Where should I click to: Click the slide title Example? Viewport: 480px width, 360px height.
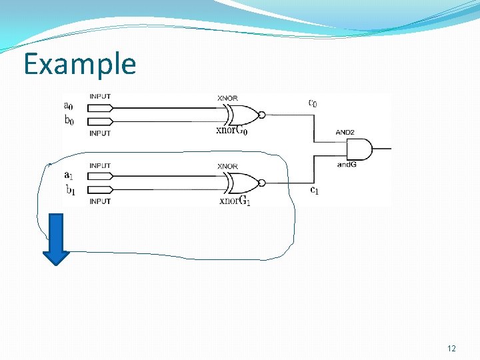click(79, 64)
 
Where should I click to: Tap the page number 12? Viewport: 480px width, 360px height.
click(451, 349)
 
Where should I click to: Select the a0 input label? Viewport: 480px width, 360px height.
click(69, 105)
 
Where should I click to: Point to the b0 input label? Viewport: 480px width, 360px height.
click(69, 120)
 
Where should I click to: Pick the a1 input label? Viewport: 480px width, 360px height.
click(69, 175)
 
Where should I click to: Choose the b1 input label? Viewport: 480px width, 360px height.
click(69, 189)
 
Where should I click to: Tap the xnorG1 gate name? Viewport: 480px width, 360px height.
click(234, 200)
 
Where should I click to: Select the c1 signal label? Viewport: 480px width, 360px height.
click(313, 190)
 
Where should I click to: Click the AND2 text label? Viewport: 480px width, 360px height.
click(345, 133)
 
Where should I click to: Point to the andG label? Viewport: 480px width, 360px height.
click(347, 164)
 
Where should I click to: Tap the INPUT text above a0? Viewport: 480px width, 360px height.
click(100, 96)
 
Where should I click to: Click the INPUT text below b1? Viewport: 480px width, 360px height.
click(100, 201)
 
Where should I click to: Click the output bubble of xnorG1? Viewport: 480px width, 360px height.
click(262, 183)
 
